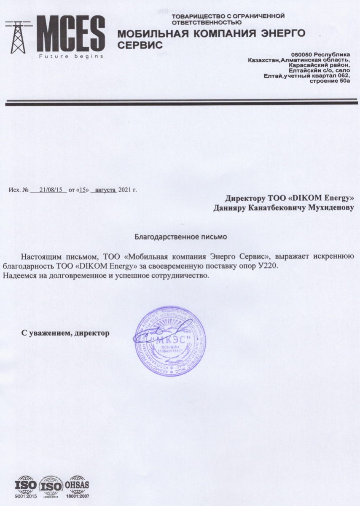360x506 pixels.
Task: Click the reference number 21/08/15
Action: pos(49,190)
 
